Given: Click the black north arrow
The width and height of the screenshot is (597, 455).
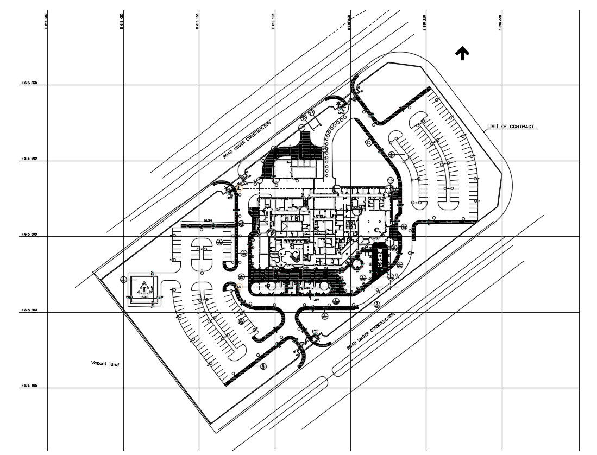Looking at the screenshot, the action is point(462,53).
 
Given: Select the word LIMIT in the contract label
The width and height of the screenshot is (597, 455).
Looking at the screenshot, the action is point(494,127).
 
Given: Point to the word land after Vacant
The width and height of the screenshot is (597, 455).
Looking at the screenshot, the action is point(114,364).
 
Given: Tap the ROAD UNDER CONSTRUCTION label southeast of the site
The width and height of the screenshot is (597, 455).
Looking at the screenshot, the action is point(370,331).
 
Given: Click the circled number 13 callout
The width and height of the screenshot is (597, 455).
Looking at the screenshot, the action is point(390,180).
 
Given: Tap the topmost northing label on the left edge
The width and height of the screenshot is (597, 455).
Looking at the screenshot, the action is point(29,83).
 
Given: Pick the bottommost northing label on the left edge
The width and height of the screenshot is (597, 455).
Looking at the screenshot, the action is point(29,386).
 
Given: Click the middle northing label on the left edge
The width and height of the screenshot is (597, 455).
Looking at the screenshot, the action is point(29,235).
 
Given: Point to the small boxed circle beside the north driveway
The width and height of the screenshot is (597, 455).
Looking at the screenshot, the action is point(369,142).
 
